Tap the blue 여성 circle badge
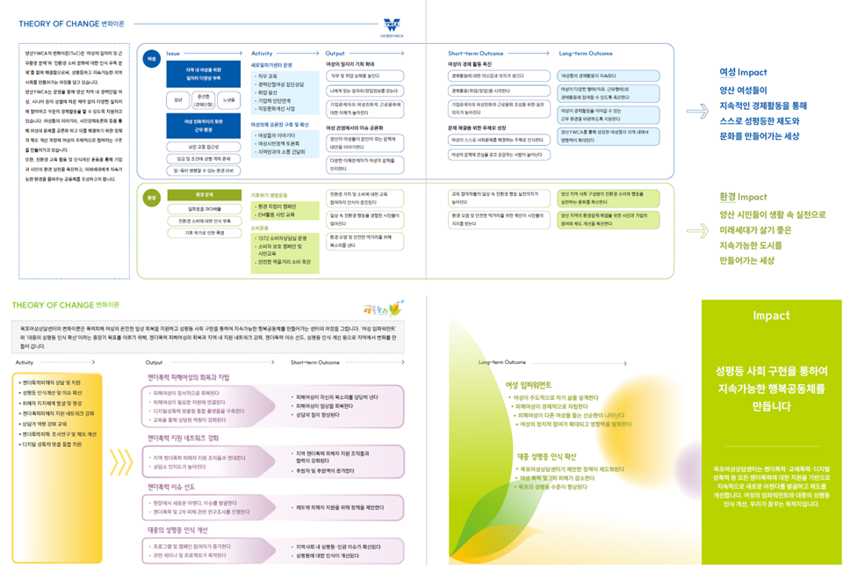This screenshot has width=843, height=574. [x=152, y=57]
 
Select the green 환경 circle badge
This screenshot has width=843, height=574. [x=152, y=198]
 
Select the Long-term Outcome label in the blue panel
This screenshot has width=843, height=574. [x=586, y=54]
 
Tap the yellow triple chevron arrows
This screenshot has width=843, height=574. [x=119, y=461]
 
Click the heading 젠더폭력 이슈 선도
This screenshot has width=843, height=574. [x=177, y=486]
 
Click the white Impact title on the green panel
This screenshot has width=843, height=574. [x=771, y=315]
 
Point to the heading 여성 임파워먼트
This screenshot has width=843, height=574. [x=529, y=384]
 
